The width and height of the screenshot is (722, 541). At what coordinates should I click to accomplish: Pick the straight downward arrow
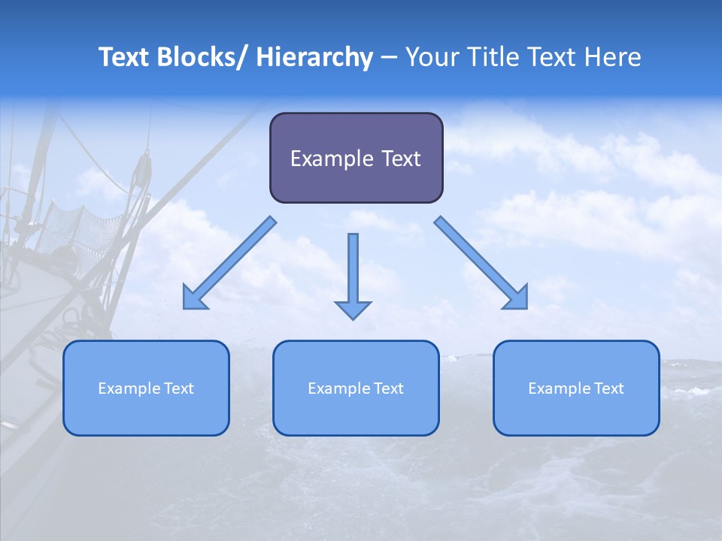coord(353,270)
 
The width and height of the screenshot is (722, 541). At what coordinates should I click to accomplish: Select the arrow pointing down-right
coord(482,264)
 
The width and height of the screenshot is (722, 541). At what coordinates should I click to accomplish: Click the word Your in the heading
coord(431,58)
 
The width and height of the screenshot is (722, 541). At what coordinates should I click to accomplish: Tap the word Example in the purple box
coord(331,159)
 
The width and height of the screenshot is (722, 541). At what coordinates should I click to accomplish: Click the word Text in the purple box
coord(399,159)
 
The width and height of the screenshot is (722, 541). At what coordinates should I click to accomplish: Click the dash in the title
coord(389,58)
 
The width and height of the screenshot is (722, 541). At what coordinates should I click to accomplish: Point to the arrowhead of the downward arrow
coord(353,310)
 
